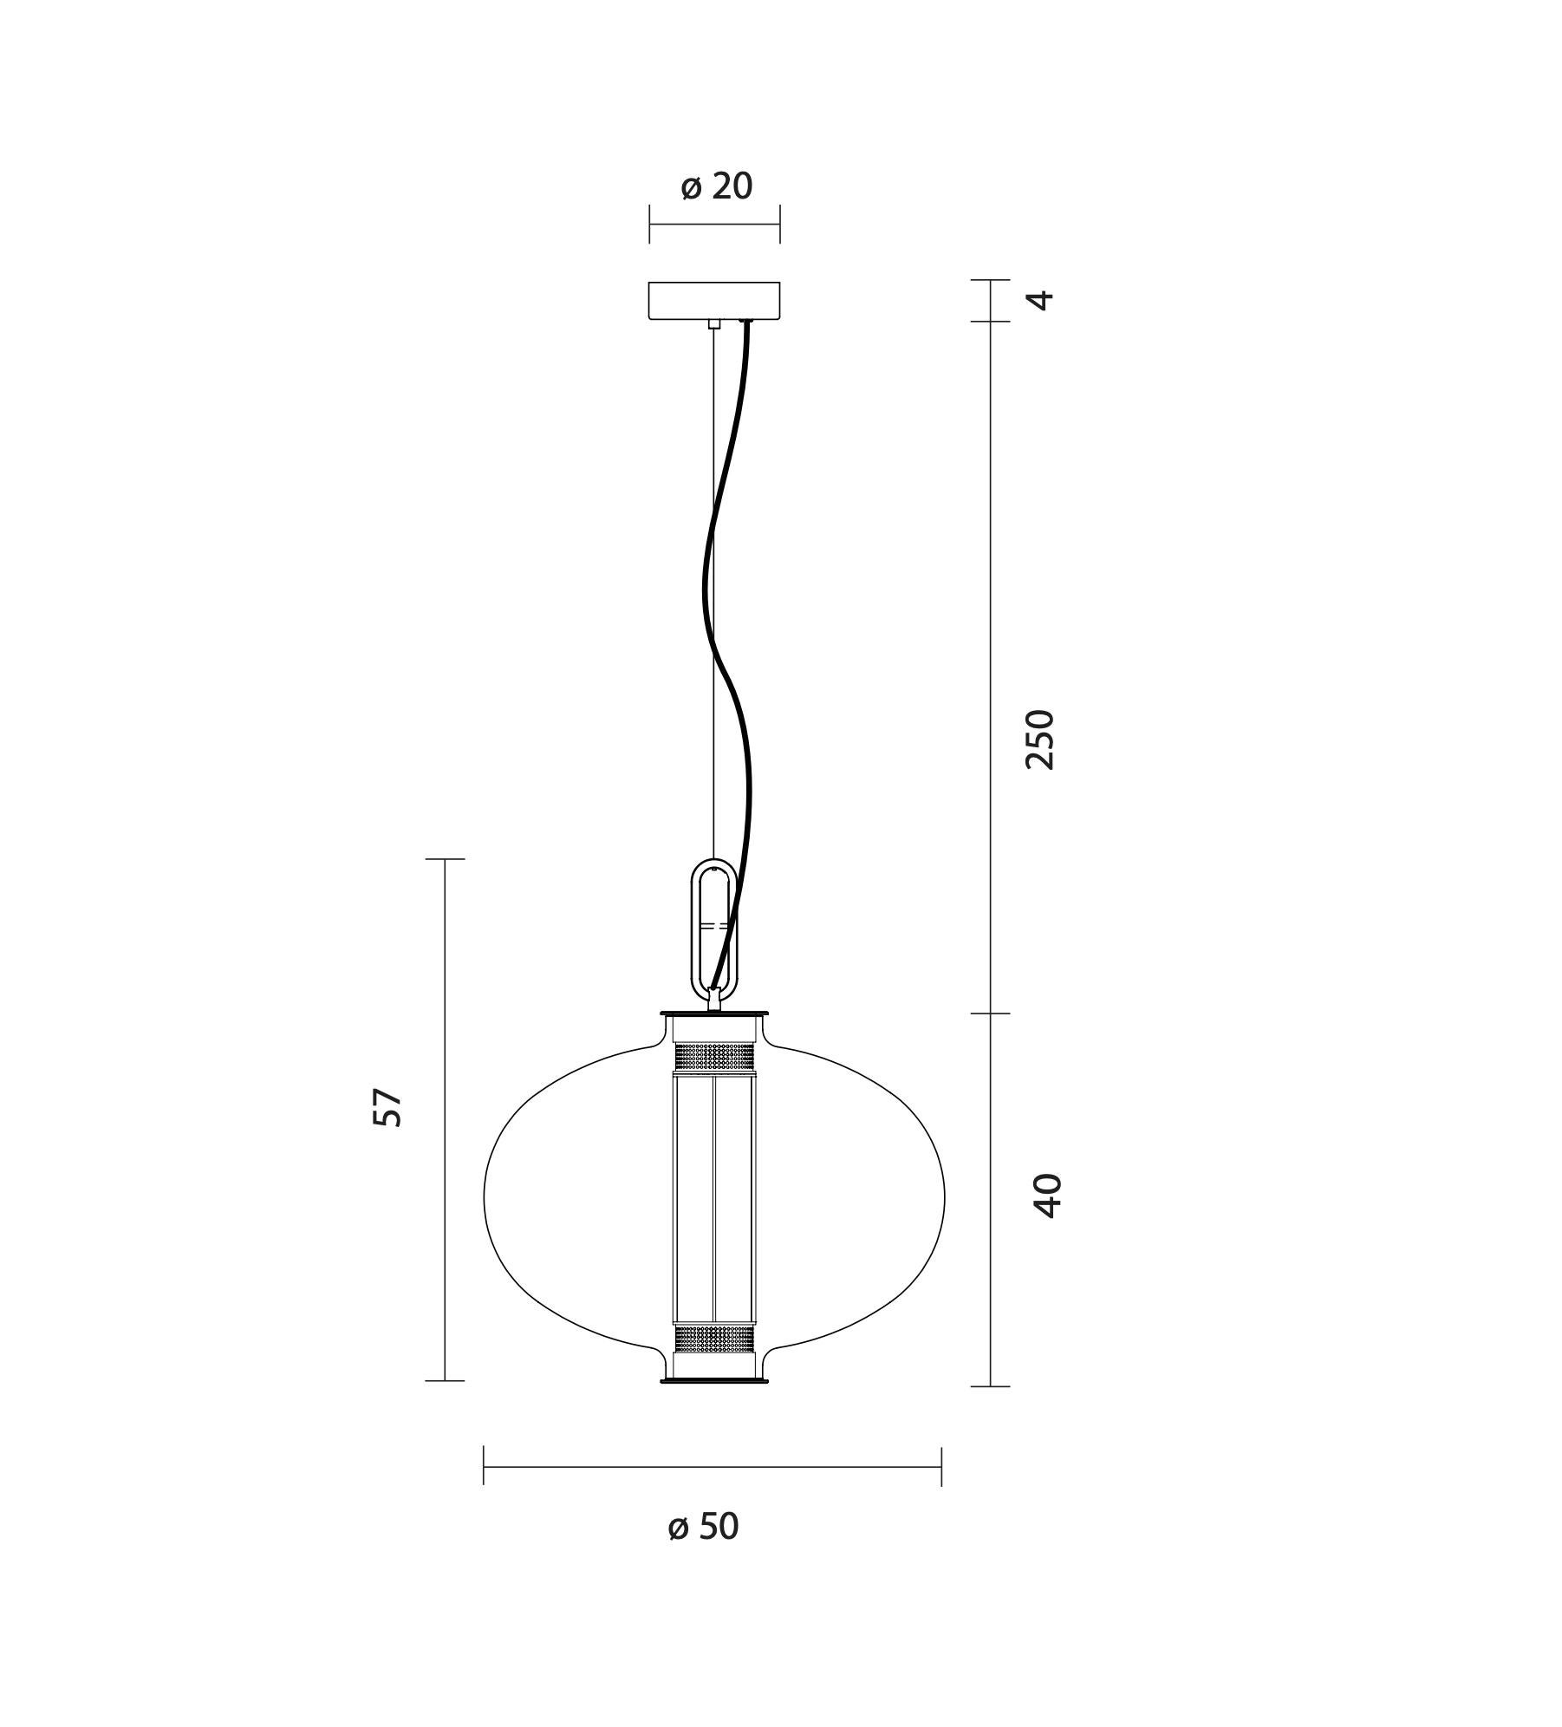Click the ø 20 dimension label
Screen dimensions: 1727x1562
pyautogui.click(x=716, y=186)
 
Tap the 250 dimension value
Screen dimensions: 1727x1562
pyautogui.click(x=1039, y=739)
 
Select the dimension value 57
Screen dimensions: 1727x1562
pyautogui.click(x=387, y=1107)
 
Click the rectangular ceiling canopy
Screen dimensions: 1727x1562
pyautogui.click(x=714, y=301)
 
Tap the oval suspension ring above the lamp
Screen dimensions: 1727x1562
pyautogui.click(x=713, y=929)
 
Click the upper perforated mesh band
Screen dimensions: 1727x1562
pyautogui.click(x=713, y=1056)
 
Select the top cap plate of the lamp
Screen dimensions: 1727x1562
pyautogui.click(x=713, y=1013)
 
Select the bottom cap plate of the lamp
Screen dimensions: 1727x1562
pyautogui.click(x=713, y=1380)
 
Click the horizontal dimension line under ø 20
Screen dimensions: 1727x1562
pyautogui.click(x=714, y=225)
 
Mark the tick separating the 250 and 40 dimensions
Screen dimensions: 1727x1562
pyautogui.click(x=990, y=1013)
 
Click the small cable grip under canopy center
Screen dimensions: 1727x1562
pyautogui.click(x=713, y=324)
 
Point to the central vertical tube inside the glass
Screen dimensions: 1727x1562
pyautogui.click(x=713, y=1196)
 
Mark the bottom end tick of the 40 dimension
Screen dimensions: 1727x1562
pyautogui.click(x=990, y=1386)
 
